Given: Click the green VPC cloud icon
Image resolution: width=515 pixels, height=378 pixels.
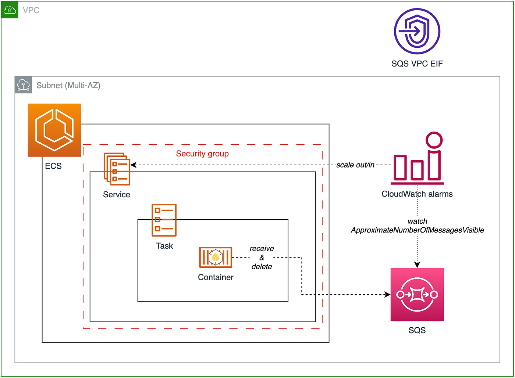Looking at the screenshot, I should pyautogui.click(x=10, y=10).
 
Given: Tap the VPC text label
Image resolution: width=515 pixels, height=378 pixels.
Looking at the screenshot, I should pyautogui.click(x=31, y=10).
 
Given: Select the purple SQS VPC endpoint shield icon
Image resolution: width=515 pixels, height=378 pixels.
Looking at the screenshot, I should pyautogui.click(x=417, y=31).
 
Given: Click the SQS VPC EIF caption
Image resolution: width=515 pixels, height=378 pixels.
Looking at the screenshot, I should pyautogui.click(x=417, y=64).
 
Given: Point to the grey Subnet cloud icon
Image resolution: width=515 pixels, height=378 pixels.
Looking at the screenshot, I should pyautogui.click(x=24, y=85).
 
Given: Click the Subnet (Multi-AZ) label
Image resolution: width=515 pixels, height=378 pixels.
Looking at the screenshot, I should pyautogui.click(x=68, y=86).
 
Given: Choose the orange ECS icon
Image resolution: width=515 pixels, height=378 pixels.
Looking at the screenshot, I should pyautogui.click(x=54, y=130).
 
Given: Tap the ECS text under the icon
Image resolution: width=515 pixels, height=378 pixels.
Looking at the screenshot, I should pyautogui.click(x=53, y=166).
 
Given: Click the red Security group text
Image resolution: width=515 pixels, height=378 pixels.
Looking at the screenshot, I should pyautogui.click(x=202, y=154).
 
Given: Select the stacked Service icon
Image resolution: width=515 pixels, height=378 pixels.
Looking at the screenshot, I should pyautogui.click(x=117, y=169).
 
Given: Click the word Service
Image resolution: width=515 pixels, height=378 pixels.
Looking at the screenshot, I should pyautogui.click(x=116, y=195).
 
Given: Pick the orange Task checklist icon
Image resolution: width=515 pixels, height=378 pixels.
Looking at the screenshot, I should pyautogui.click(x=164, y=220).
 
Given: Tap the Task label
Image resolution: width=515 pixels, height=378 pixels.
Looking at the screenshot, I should pyautogui.click(x=164, y=246).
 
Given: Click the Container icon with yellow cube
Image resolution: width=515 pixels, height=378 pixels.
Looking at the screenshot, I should pyautogui.click(x=216, y=257).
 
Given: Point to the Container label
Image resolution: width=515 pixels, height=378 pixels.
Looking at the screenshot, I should pyautogui.click(x=216, y=277).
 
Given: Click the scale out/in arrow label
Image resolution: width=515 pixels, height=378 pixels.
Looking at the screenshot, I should pyautogui.click(x=355, y=165).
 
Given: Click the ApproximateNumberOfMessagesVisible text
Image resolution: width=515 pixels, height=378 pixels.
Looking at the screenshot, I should pyautogui.click(x=417, y=230).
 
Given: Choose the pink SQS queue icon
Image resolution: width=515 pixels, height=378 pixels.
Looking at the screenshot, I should pyautogui.click(x=417, y=294).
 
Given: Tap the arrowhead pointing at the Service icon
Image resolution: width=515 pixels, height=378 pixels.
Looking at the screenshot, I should pyautogui.click(x=134, y=165).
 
